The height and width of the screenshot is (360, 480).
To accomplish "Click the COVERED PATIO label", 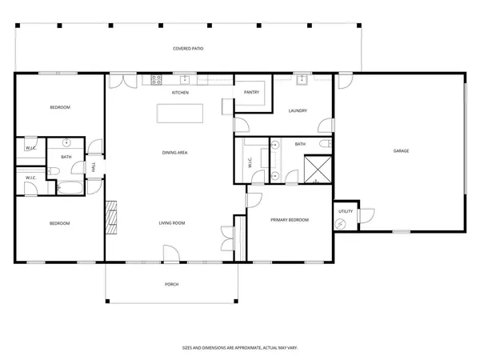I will tap(189, 49).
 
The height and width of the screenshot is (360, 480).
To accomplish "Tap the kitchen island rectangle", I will tap(180, 114).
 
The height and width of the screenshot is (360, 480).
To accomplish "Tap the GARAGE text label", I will tap(401, 150).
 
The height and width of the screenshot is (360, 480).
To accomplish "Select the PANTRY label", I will tap(250, 93).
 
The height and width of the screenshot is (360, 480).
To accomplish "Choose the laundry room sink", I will tap(303, 79).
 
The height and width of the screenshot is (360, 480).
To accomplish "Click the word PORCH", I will tap(171, 284).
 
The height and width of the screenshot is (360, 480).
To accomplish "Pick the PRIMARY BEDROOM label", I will tap(289, 220).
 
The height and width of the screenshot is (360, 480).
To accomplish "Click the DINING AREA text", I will tap(174, 151).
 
